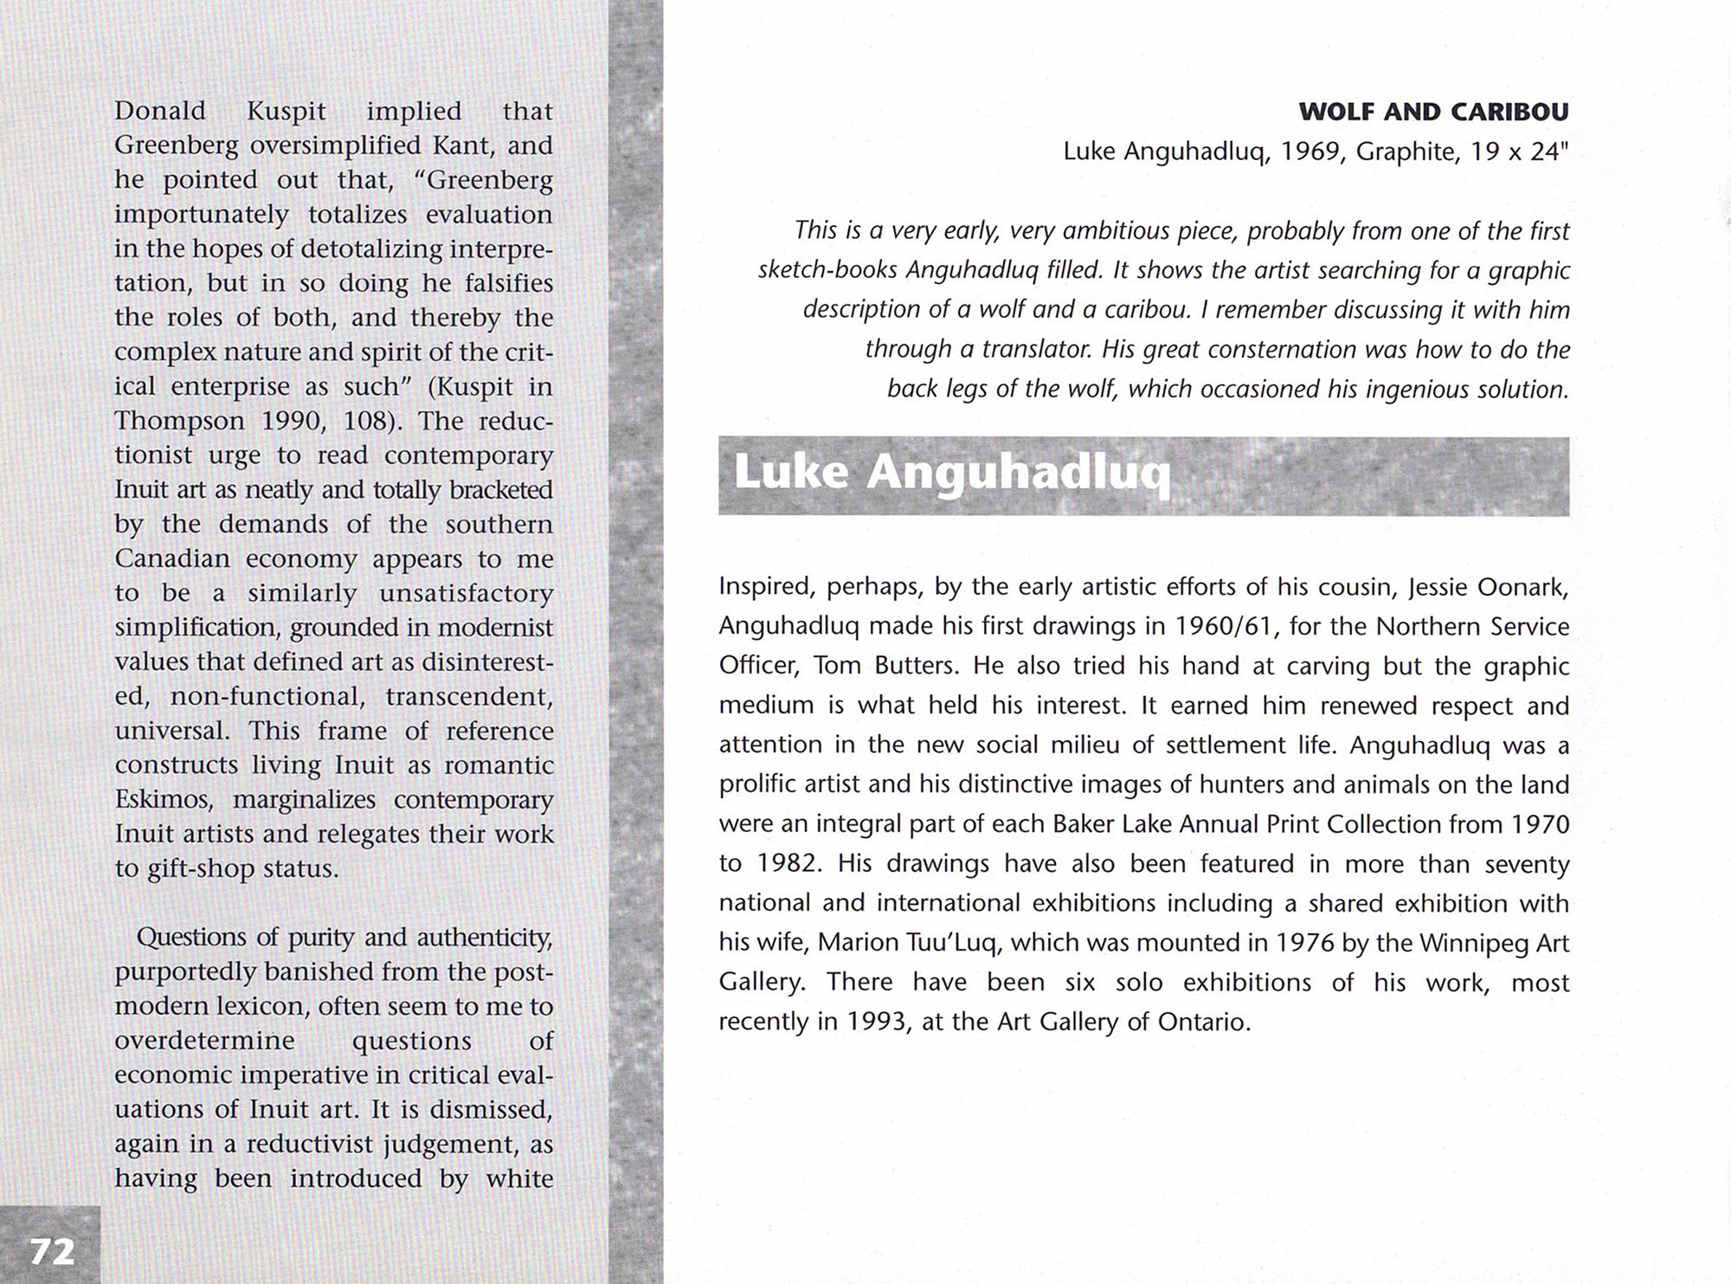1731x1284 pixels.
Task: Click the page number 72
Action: [52, 1251]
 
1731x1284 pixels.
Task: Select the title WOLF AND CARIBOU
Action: [1433, 112]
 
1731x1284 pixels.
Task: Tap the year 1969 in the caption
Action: [1310, 152]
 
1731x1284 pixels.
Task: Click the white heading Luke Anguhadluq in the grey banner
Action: [952, 474]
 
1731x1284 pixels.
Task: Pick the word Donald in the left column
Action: [160, 111]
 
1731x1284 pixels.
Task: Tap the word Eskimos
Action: [164, 799]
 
